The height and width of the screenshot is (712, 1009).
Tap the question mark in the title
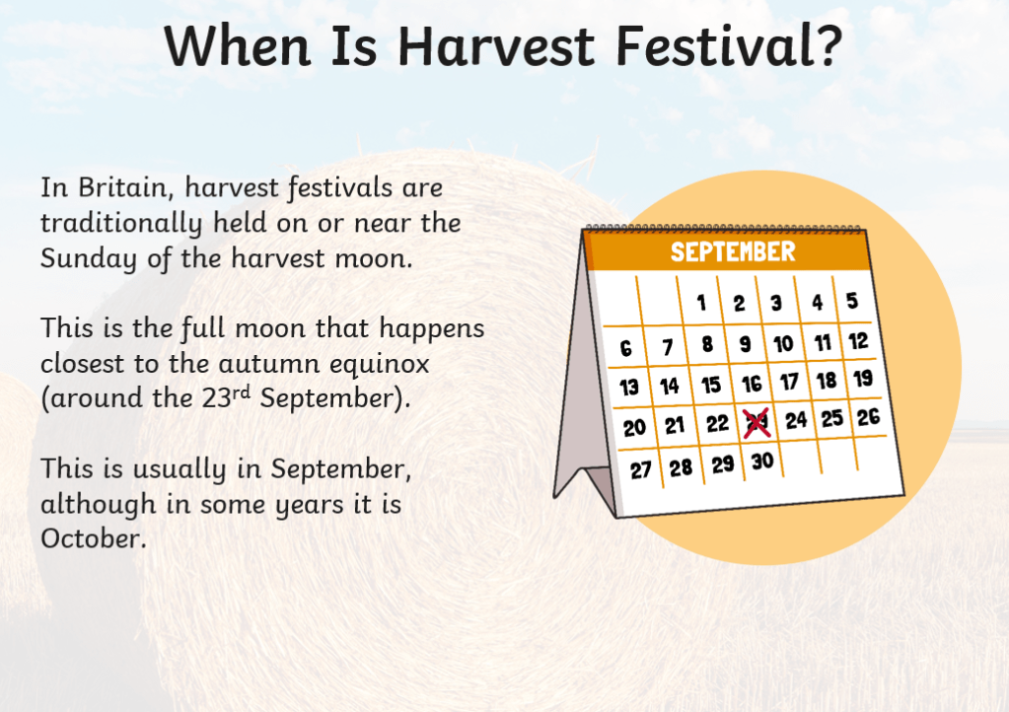point(827,45)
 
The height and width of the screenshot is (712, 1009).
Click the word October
point(94,538)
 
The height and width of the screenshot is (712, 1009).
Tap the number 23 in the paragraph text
point(216,398)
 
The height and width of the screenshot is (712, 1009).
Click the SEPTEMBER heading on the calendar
point(733,251)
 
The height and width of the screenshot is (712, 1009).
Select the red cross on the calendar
point(757,423)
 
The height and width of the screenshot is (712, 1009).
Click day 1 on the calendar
point(701,303)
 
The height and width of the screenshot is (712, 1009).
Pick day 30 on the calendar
point(762,462)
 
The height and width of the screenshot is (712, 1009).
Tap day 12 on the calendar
point(858,341)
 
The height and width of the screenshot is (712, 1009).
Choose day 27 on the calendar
point(641,470)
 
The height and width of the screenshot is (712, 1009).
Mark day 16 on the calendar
point(752,384)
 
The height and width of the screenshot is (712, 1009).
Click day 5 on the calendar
point(852,301)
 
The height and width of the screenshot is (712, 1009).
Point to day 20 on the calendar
point(634,428)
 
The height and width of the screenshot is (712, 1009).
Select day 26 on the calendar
point(868,417)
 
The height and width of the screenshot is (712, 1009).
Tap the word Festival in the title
point(709,46)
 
